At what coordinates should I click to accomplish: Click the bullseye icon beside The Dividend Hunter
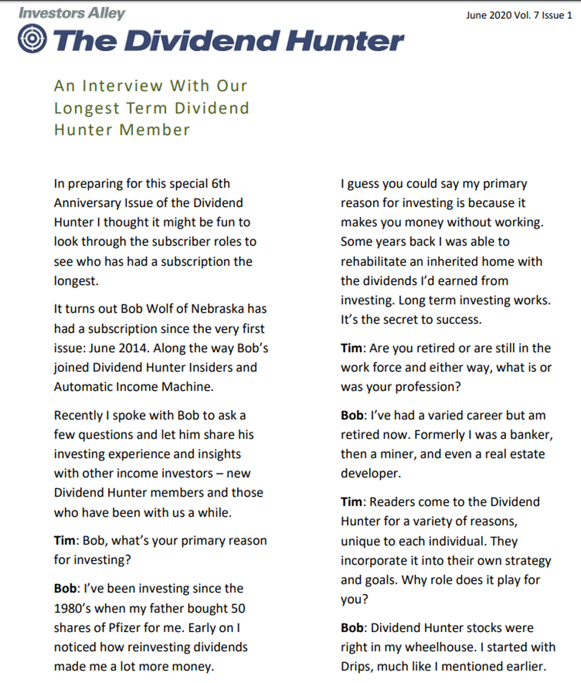click(x=32, y=40)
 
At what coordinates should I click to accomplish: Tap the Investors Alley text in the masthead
click(x=72, y=12)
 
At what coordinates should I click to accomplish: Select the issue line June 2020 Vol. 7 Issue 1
click(x=519, y=16)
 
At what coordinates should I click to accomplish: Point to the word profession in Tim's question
click(x=427, y=387)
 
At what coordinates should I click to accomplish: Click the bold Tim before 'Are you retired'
click(x=351, y=348)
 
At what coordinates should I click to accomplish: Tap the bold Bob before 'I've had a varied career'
click(x=352, y=415)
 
